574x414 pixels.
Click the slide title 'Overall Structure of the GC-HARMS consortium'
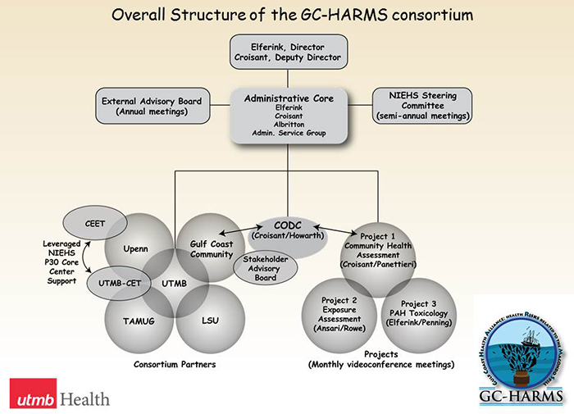287,14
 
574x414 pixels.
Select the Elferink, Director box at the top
287,52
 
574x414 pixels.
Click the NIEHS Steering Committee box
423,107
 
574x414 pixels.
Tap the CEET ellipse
94,222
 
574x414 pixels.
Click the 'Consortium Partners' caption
173,363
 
